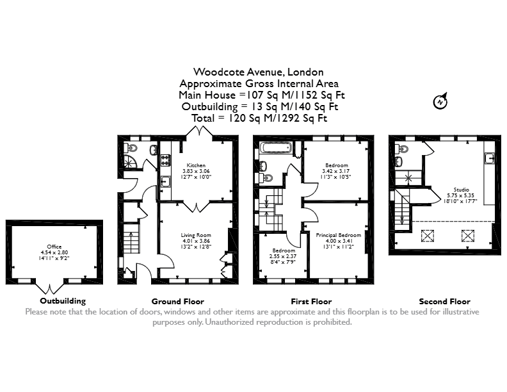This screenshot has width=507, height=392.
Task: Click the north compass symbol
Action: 440,101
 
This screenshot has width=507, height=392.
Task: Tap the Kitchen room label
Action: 196,165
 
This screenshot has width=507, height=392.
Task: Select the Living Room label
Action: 196,235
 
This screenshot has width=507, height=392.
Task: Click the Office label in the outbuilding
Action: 54,247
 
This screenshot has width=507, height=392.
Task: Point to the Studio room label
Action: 462,190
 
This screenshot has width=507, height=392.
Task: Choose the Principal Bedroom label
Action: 339,235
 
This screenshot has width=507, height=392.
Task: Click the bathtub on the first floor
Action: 277,148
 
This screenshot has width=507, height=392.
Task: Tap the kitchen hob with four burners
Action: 166,160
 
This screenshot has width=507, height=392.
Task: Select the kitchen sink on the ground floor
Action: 166,182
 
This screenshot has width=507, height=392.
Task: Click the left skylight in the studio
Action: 428,236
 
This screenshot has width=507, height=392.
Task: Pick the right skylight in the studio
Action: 467,236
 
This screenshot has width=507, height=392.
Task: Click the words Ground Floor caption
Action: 178,302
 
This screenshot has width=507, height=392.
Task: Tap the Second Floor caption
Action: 445,302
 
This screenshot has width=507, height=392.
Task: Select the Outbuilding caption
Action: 63,301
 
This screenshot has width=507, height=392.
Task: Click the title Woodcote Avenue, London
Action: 259,72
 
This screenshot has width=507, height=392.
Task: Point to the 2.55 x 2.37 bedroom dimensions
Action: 283,256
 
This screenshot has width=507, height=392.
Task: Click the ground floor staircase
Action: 132,238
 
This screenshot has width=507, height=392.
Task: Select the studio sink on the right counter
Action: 490,158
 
